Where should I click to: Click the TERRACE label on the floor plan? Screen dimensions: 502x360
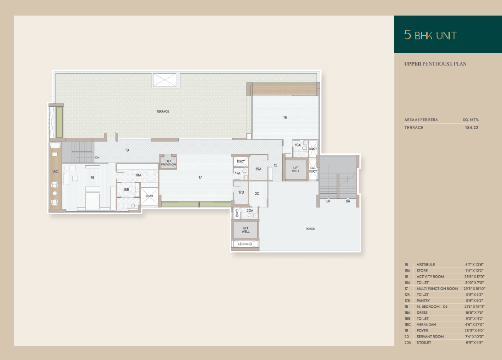[163, 111]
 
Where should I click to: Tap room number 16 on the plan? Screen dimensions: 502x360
[285, 118]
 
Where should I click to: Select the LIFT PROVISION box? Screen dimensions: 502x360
[169, 163]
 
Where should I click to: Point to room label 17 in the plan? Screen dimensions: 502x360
[200, 177]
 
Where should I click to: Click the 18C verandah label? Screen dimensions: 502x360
[55, 172]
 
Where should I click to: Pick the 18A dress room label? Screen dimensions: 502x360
[138, 175]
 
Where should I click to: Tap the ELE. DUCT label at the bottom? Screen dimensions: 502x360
[245, 244]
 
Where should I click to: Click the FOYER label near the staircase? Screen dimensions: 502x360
[310, 229]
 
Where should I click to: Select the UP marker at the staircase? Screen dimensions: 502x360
[328, 202]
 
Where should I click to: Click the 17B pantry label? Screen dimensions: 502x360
[241, 192]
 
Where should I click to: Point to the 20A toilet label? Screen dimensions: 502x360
[250, 210]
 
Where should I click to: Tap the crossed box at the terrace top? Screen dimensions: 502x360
[164, 80]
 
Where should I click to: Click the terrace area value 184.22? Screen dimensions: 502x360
[472, 127]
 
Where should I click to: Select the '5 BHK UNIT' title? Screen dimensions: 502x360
[430, 35]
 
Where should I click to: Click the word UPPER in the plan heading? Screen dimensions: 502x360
[413, 64]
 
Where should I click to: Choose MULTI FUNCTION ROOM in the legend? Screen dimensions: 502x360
[437, 289]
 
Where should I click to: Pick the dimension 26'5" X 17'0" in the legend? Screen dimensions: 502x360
[475, 277]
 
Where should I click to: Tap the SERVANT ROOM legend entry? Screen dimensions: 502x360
[430, 337]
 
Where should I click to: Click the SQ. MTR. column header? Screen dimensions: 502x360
[471, 120]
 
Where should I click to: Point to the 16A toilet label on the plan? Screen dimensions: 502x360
[298, 145]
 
